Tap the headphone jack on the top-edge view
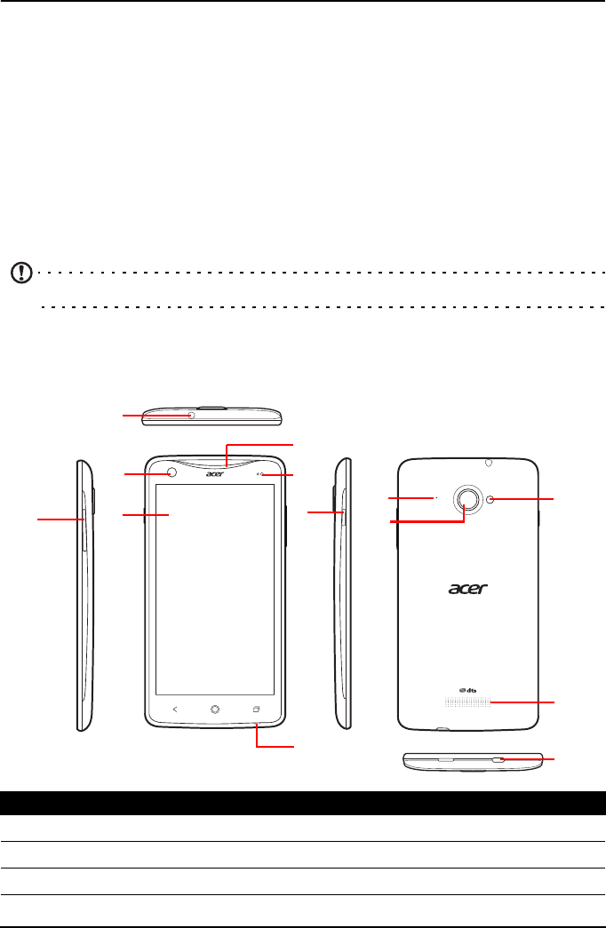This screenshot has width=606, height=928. [x=191, y=415]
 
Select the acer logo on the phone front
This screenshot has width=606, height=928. [x=213, y=474]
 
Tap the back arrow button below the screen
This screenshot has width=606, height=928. [x=174, y=709]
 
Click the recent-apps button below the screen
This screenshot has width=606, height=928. [x=256, y=709]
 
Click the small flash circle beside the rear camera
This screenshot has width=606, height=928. [x=491, y=500]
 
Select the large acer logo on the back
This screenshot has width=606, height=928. [x=469, y=589]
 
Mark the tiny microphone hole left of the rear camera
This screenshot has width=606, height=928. [x=436, y=498]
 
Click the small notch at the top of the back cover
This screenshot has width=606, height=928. [x=489, y=462]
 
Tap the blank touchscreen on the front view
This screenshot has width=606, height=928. [x=214, y=586]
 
